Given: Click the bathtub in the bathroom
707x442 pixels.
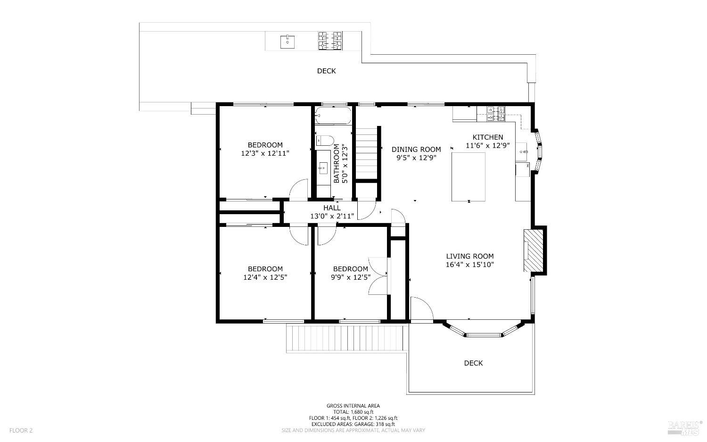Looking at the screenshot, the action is click(333, 116).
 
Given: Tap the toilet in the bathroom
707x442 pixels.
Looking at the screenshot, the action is click(325, 141).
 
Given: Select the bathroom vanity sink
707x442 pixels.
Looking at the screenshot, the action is click(322, 168).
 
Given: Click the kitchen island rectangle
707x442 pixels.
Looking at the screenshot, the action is click(469, 176).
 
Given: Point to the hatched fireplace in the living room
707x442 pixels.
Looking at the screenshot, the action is click(534, 250).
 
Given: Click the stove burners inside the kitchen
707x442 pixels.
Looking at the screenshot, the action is click(496, 114).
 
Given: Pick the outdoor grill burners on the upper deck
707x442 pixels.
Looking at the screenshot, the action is click(330, 41).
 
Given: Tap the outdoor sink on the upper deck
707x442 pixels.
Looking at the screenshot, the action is click(287, 42).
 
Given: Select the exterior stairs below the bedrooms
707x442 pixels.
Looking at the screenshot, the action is click(345, 338).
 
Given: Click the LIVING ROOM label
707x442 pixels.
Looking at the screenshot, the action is click(469, 256).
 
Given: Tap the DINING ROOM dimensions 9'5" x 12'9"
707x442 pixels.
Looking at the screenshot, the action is click(416, 158).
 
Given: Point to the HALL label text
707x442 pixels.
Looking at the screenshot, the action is click(332, 208).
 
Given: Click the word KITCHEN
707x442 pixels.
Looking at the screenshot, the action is click(488, 137).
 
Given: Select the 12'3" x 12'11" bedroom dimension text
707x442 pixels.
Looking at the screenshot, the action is click(265, 154).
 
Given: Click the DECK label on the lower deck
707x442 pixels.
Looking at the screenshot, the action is click(473, 363).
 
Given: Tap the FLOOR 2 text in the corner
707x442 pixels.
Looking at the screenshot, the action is click(21, 430).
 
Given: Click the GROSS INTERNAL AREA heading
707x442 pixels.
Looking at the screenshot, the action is click(353, 406).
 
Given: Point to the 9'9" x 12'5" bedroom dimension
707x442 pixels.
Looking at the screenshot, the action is click(351, 277).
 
